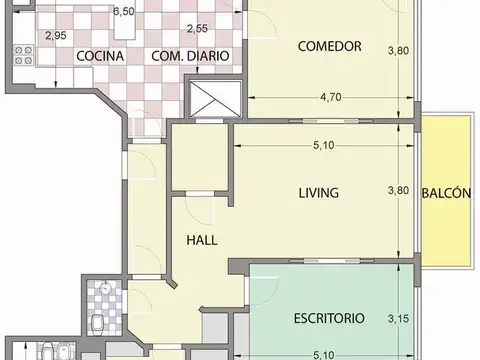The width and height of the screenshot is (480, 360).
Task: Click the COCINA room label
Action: [99, 56]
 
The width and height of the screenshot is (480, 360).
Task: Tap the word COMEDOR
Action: [330, 46]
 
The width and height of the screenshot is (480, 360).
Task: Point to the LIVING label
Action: [319, 192]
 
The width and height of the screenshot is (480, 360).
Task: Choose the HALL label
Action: [203, 240]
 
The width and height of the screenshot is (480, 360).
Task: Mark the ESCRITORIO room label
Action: [329, 319]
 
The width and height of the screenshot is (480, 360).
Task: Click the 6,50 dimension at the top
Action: [123, 12]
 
